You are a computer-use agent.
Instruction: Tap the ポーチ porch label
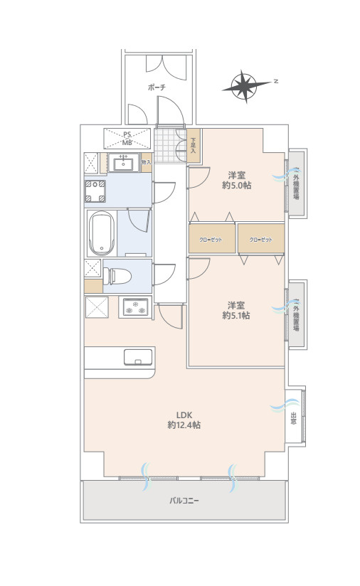157,87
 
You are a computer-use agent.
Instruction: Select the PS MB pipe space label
127,137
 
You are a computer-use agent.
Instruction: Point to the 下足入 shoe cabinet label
194,146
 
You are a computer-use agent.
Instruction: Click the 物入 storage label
146,162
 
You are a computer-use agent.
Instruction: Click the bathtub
101,233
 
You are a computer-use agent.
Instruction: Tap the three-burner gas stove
135,308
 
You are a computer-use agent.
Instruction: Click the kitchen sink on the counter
138,356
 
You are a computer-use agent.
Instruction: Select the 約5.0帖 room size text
237,186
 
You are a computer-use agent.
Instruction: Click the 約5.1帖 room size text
236,315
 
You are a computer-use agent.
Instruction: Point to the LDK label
184,415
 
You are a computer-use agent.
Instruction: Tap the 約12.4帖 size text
184,425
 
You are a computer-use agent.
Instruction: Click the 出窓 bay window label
293,419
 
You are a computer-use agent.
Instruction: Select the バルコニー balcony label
184,501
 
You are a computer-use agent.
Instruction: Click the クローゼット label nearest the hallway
211,240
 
